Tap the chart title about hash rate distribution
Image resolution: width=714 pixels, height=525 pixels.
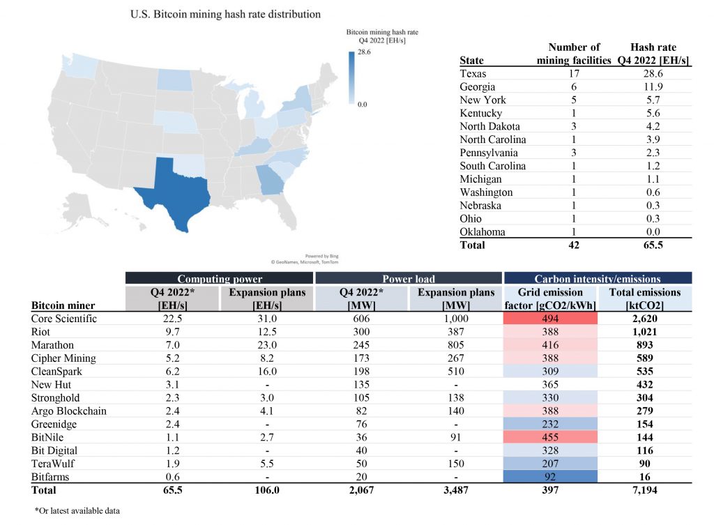click(x=226, y=13)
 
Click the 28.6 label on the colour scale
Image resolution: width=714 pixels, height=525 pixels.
click(x=365, y=53)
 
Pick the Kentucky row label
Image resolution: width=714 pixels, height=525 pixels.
click(x=480, y=114)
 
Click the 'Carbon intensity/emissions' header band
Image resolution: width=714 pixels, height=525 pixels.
click(x=597, y=278)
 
